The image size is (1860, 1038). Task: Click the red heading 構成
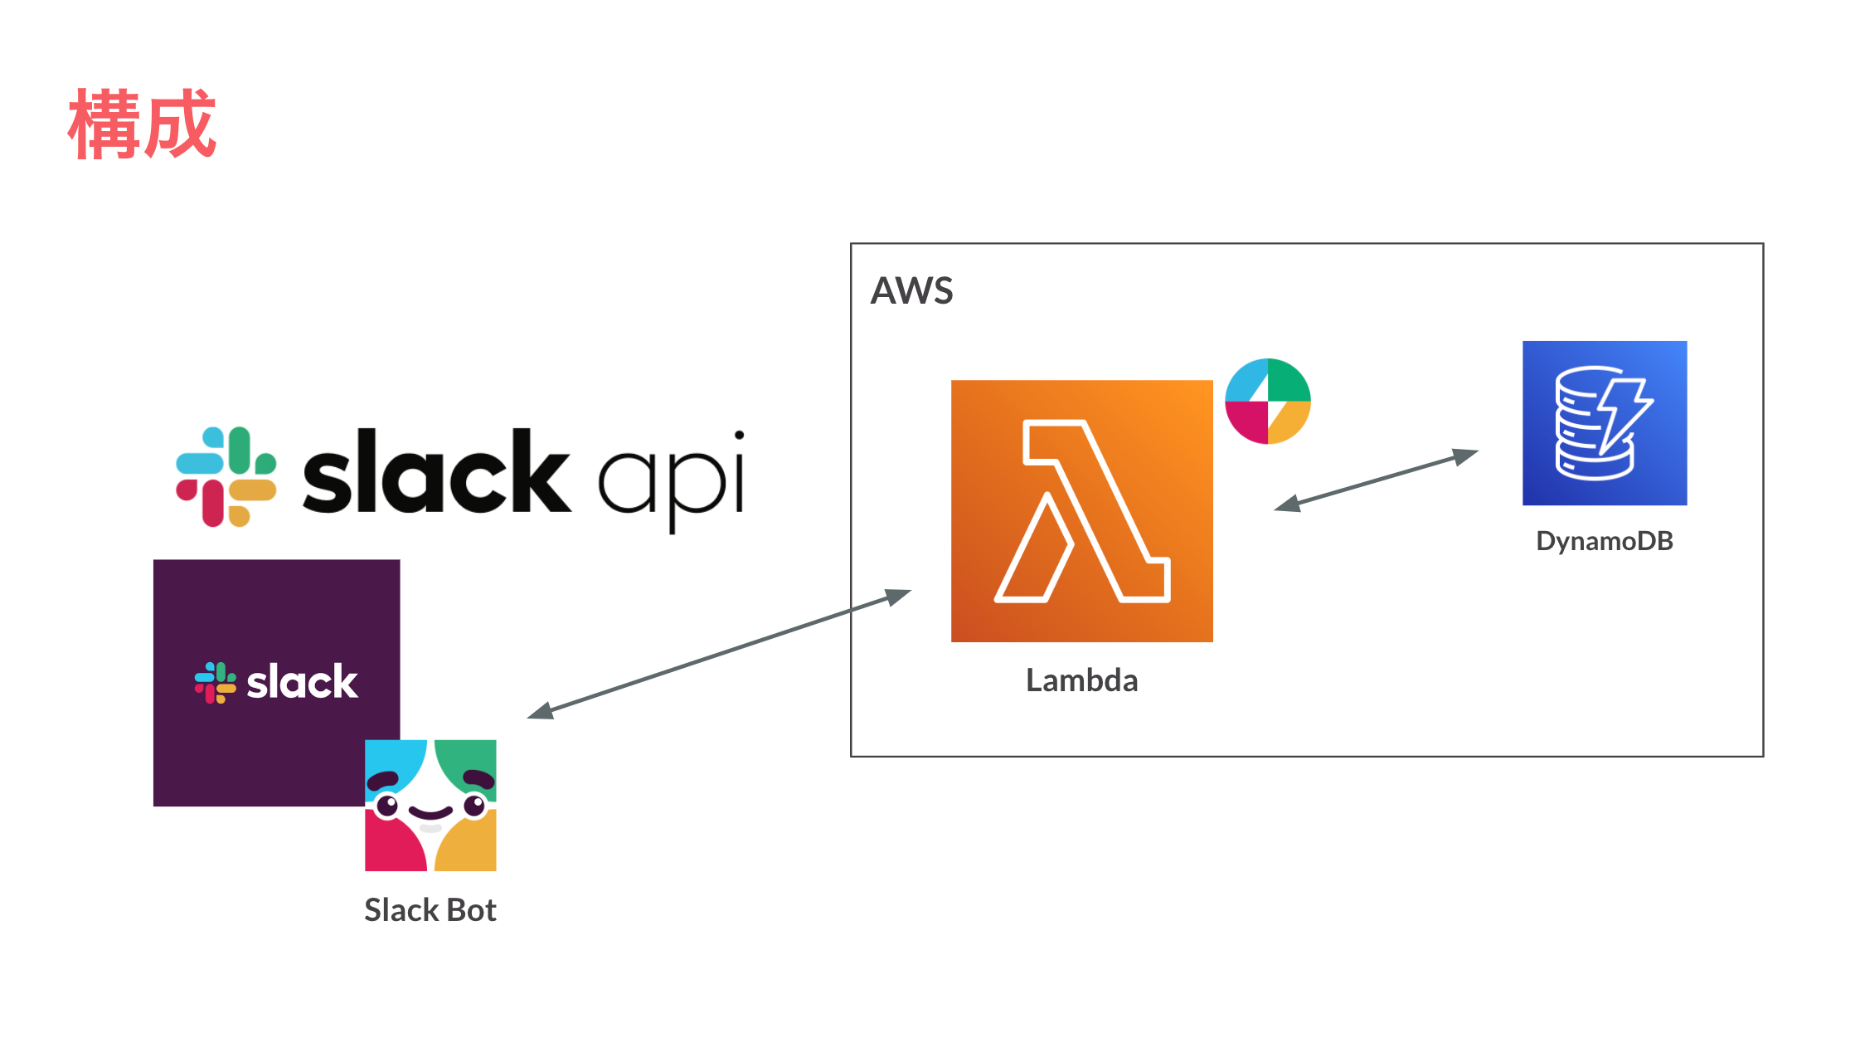pos(142,124)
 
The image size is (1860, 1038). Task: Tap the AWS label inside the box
pos(911,291)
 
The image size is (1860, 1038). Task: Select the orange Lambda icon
pos(1081,510)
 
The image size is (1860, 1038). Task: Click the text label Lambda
pos(1081,680)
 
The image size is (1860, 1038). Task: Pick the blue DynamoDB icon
pos(1604,422)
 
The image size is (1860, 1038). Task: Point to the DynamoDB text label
pos(1604,541)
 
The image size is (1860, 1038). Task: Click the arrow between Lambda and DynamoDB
pos(1377,480)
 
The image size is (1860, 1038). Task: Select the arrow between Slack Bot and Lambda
pos(719,653)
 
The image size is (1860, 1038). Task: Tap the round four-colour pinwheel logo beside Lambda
pos(1267,401)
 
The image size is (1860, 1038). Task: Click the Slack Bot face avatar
pos(430,805)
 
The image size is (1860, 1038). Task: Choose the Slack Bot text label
pos(430,910)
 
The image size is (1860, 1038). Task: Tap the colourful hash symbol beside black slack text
pos(226,476)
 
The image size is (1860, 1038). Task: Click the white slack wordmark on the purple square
pos(302,682)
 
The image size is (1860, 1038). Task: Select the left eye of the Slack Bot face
pos(387,805)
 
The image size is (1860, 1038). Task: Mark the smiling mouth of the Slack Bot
pos(430,812)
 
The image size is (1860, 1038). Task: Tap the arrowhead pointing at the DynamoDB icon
pos(1467,456)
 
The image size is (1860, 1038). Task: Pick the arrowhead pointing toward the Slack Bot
pos(540,711)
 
